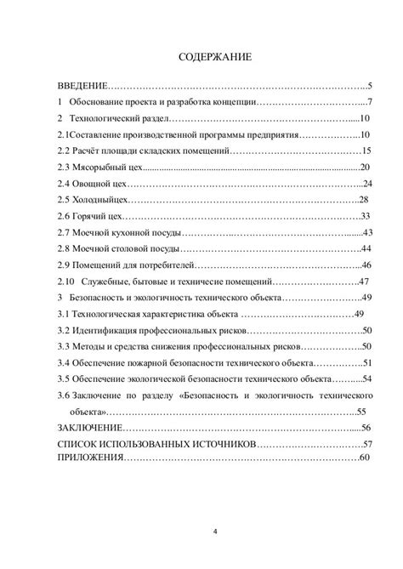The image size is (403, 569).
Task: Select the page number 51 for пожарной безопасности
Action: pyautogui.click(x=366, y=362)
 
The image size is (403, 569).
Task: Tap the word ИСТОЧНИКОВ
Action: pyautogui.click(x=220, y=444)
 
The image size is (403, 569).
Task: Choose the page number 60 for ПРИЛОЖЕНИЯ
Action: pyautogui.click(x=365, y=458)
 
